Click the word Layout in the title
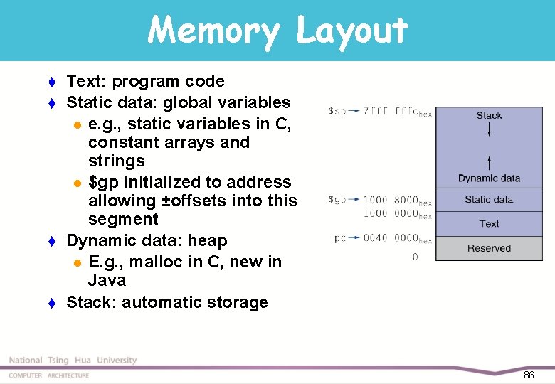(x=351, y=31)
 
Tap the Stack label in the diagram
(x=489, y=115)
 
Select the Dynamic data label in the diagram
(x=489, y=178)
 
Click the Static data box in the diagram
(x=489, y=200)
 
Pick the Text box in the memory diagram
(x=489, y=223)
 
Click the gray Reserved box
(x=489, y=248)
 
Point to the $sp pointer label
(x=337, y=112)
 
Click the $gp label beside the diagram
(x=337, y=200)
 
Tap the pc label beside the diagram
(x=341, y=238)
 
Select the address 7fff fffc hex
(x=397, y=112)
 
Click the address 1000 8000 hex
(x=397, y=201)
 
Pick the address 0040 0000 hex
(x=397, y=239)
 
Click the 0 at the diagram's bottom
(x=416, y=257)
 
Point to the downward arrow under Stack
(x=489, y=129)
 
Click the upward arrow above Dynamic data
(x=489, y=161)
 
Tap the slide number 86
(x=528, y=375)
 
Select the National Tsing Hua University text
(x=73, y=361)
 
